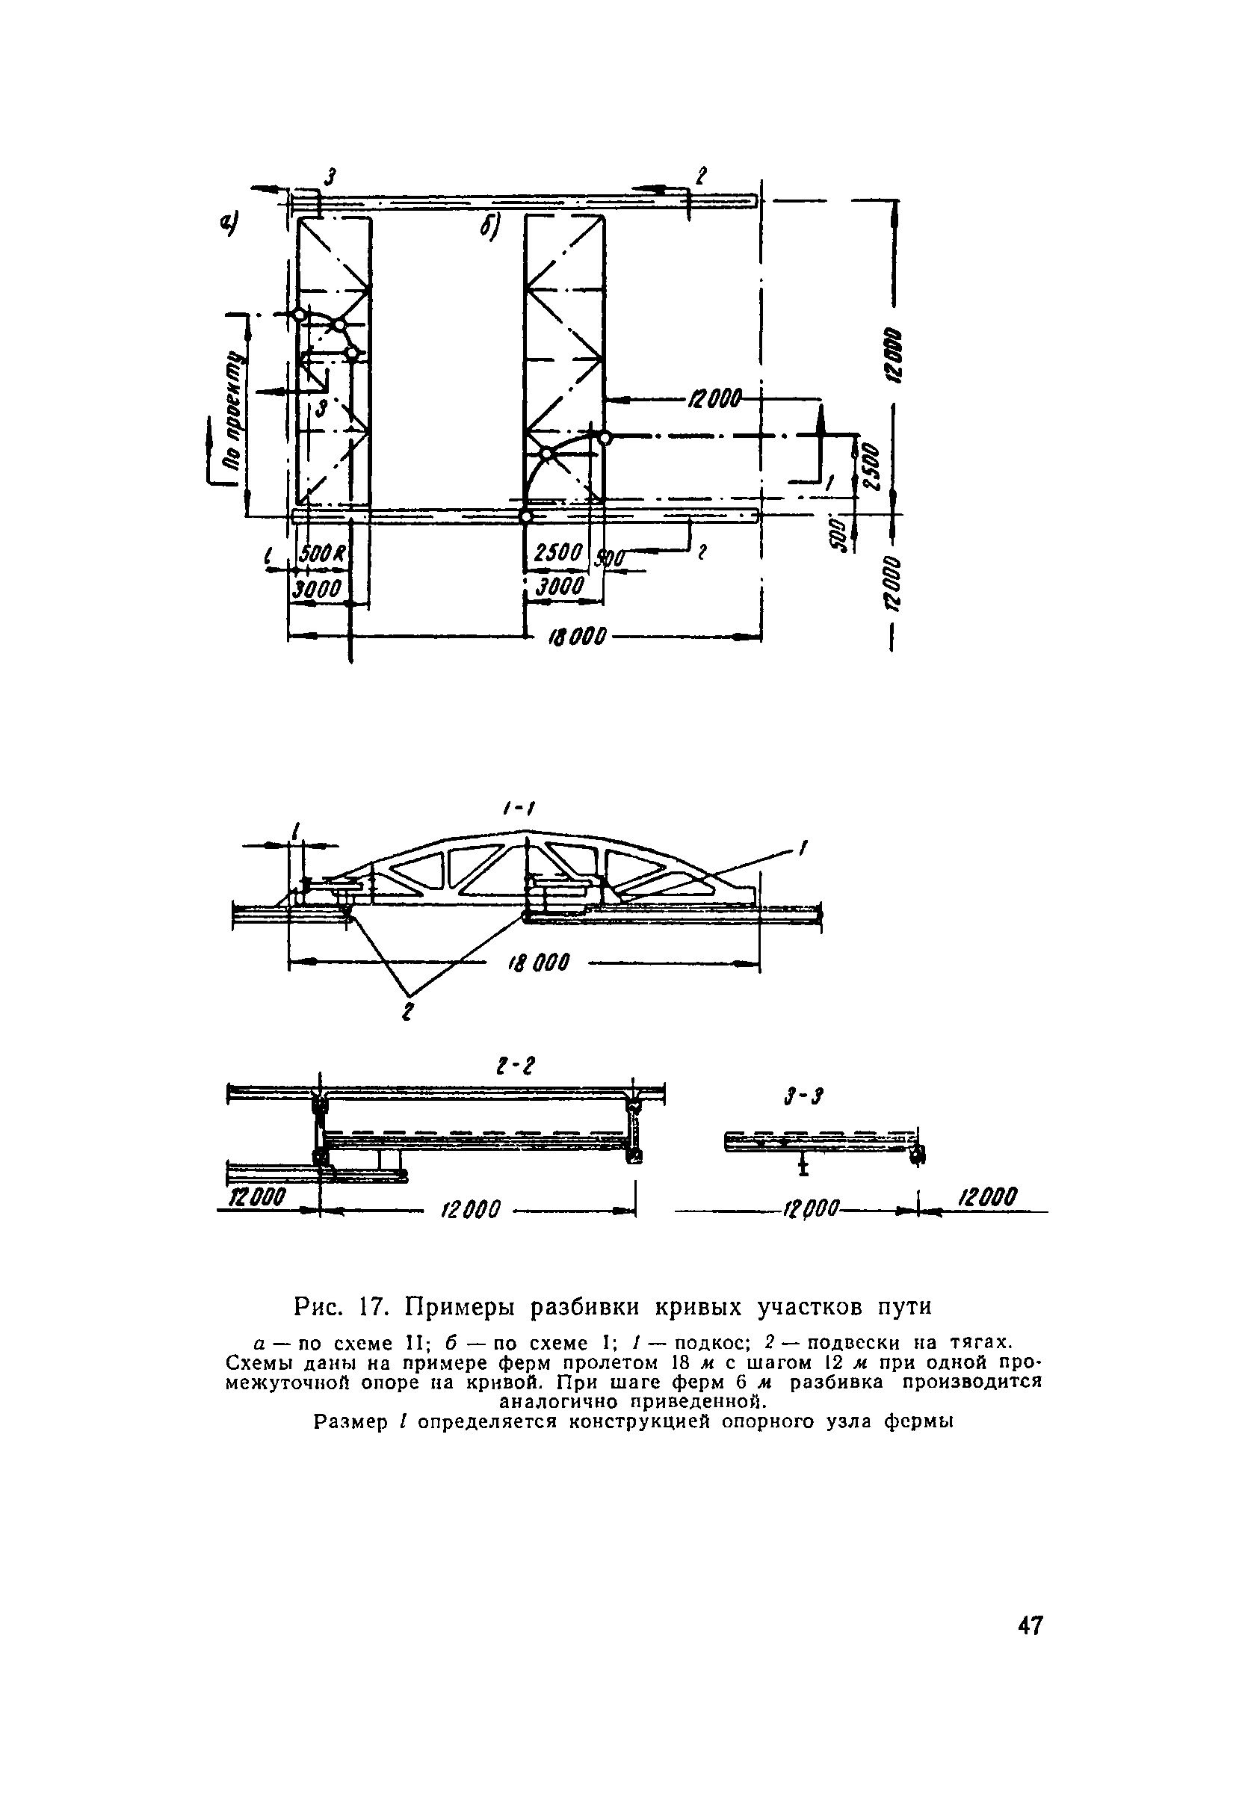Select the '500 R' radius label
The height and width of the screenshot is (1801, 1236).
[321, 554]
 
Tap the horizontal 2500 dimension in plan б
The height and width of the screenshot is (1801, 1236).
[558, 553]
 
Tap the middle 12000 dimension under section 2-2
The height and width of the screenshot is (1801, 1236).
[472, 1208]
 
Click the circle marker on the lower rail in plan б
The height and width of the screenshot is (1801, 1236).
[525, 516]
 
